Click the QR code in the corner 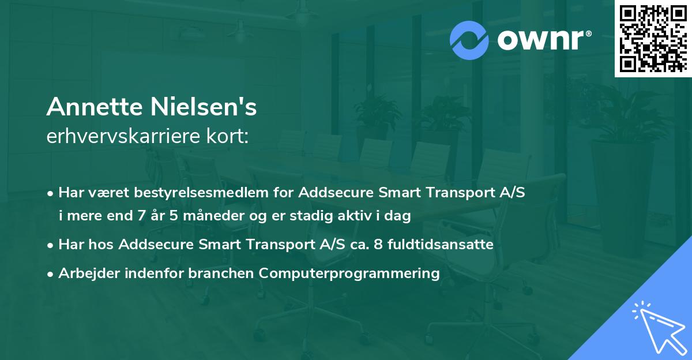pos(653,38)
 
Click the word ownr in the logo pos(536,40)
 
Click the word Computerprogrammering pos(349,273)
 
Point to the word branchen pos(221,273)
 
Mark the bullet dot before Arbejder pos(51,274)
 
